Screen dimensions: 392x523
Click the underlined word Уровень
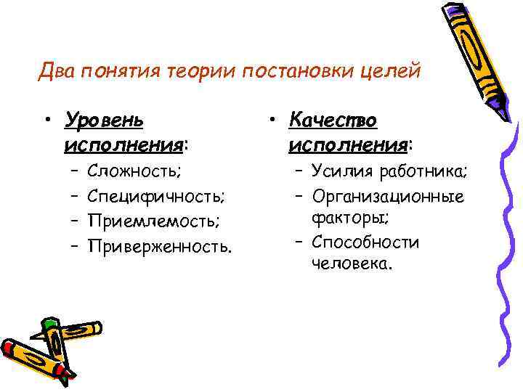(104, 118)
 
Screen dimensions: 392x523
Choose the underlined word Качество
(333, 118)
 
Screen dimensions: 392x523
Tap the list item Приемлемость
(153, 221)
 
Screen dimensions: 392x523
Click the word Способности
(365, 242)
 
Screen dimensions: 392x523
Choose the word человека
(352, 264)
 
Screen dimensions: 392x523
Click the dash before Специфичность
(75, 196)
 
